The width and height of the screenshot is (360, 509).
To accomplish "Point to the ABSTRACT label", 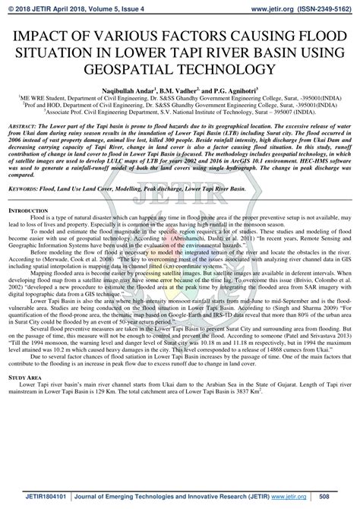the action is coord(22,123).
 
